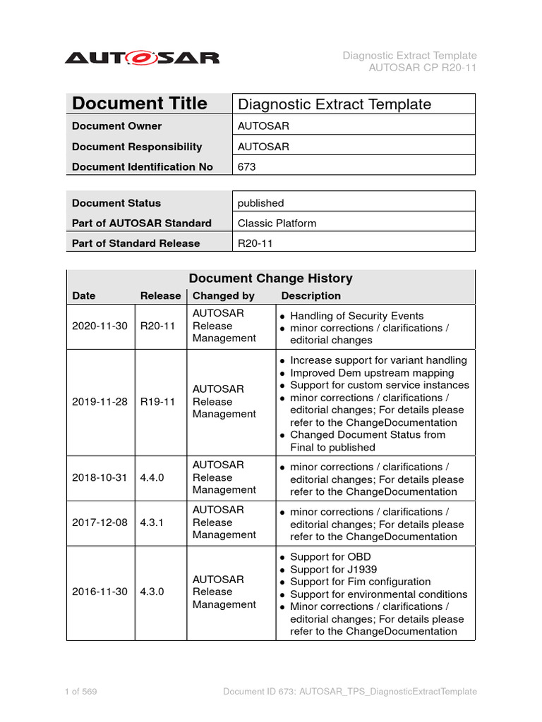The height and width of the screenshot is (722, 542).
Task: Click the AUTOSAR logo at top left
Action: click(142, 58)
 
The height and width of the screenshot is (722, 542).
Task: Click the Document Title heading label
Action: click(139, 104)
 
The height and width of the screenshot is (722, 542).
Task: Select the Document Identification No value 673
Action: click(247, 167)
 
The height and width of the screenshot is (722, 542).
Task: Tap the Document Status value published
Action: click(260, 203)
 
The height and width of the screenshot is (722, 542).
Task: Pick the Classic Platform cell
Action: click(277, 224)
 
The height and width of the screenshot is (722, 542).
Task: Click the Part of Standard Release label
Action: click(135, 243)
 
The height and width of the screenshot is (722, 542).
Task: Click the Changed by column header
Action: click(224, 296)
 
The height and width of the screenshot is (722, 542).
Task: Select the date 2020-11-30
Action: click(100, 326)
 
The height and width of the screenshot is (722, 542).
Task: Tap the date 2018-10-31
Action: click(100, 477)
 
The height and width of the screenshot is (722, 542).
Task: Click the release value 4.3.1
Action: click(152, 522)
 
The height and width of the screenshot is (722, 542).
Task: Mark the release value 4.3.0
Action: click(152, 592)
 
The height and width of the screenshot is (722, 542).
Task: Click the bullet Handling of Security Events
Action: click(356, 316)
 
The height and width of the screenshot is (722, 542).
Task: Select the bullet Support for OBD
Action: click(330, 557)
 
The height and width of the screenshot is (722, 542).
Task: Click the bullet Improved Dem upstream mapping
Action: click(372, 373)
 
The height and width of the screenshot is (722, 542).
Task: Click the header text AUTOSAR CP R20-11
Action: click(423, 68)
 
